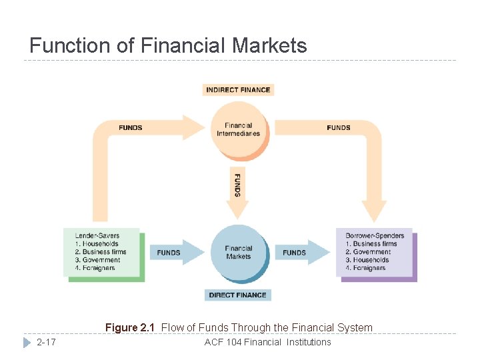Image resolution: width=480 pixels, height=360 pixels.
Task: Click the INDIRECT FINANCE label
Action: point(238,89)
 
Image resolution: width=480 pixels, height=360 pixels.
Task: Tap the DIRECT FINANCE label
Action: point(238,295)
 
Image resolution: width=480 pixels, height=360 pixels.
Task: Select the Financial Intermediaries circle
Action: point(238,129)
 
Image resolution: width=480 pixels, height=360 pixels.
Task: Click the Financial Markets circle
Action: point(238,253)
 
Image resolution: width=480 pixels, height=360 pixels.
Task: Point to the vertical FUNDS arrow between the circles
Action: point(237,190)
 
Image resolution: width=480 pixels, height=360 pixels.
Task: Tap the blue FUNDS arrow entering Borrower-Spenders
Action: point(299,253)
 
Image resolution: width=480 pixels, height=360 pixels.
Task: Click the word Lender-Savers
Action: point(97,236)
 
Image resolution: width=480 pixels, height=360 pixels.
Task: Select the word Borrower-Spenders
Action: point(375,236)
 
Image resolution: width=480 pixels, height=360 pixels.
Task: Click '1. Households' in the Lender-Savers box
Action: point(97,244)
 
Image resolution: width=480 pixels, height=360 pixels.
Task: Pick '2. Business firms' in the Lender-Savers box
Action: point(100,252)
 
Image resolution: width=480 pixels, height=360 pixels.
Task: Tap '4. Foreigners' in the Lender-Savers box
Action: point(95,268)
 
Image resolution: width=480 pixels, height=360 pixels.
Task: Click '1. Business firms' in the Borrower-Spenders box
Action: point(371,244)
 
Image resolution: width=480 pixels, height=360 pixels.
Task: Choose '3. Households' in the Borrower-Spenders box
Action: point(367,260)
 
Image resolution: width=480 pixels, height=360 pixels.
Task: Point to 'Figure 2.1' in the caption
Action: point(130,327)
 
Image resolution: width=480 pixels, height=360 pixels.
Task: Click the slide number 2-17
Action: point(47,342)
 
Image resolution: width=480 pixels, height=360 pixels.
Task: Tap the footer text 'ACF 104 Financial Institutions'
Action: point(267,342)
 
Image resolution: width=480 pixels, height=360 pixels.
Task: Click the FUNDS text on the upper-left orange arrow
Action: point(131,127)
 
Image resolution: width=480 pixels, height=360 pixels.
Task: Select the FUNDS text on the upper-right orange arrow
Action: point(339,127)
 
